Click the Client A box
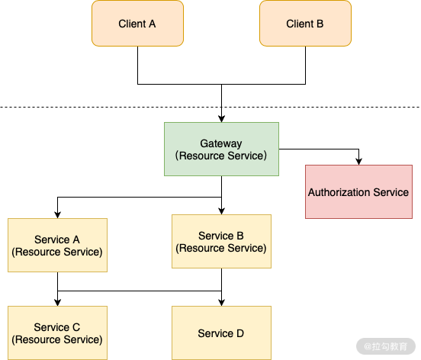(x=137, y=23)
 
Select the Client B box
(x=305, y=23)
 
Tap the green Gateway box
(x=221, y=149)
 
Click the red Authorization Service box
(x=358, y=191)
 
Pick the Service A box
(x=57, y=245)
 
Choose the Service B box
(x=221, y=241)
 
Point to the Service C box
(x=57, y=333)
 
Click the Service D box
(x=221, y=333)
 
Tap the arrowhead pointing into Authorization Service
(x=358, y=160)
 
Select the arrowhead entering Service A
(x=57, y=214)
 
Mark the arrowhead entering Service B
(x=221, y=210)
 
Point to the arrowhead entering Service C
(x=57, y=302)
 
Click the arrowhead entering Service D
(x=221, y=302)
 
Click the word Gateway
(x=221, y=143)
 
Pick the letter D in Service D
(x=240, y=333)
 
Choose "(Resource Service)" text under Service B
(x=221, y=248)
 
